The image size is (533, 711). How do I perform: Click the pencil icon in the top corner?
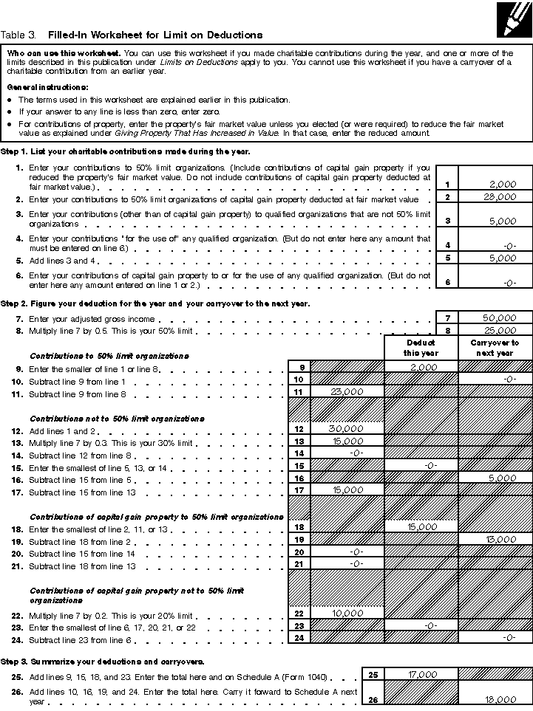coord(514,18)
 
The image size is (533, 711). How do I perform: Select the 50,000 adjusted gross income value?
coord(499,317)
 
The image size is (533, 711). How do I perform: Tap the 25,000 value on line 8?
coord(500,331)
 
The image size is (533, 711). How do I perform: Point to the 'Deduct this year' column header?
coord(421,348)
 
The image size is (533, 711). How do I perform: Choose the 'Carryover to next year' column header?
coord(495,348)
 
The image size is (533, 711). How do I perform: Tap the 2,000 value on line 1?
coord(503,184)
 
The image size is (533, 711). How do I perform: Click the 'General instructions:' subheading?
coord(38,87)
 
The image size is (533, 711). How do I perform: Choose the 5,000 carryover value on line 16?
coord(501,478)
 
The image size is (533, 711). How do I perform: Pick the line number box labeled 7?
coord(447,317)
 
